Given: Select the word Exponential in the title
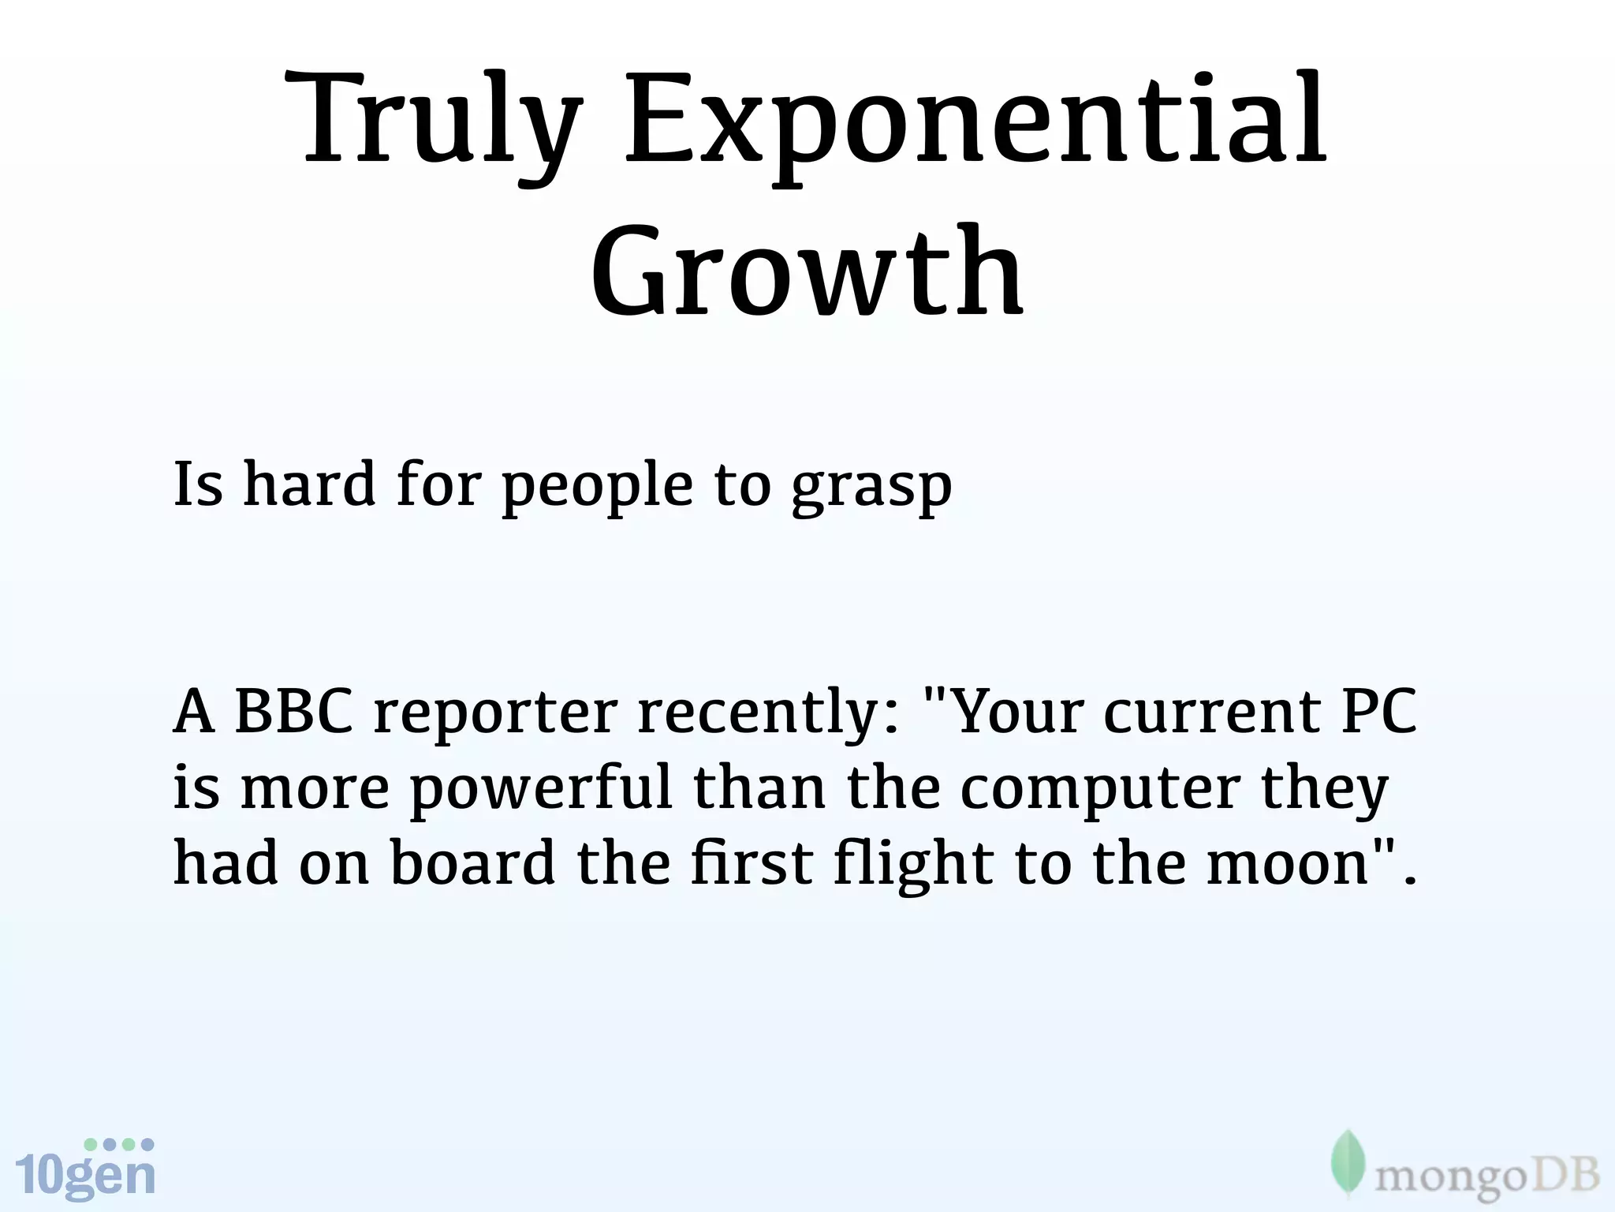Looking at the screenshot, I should tap(975, 126).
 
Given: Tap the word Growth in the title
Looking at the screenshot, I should tap(807, 272).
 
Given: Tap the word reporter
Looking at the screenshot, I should tap(494, 714).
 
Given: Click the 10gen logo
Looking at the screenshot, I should tap(85, 1169).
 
